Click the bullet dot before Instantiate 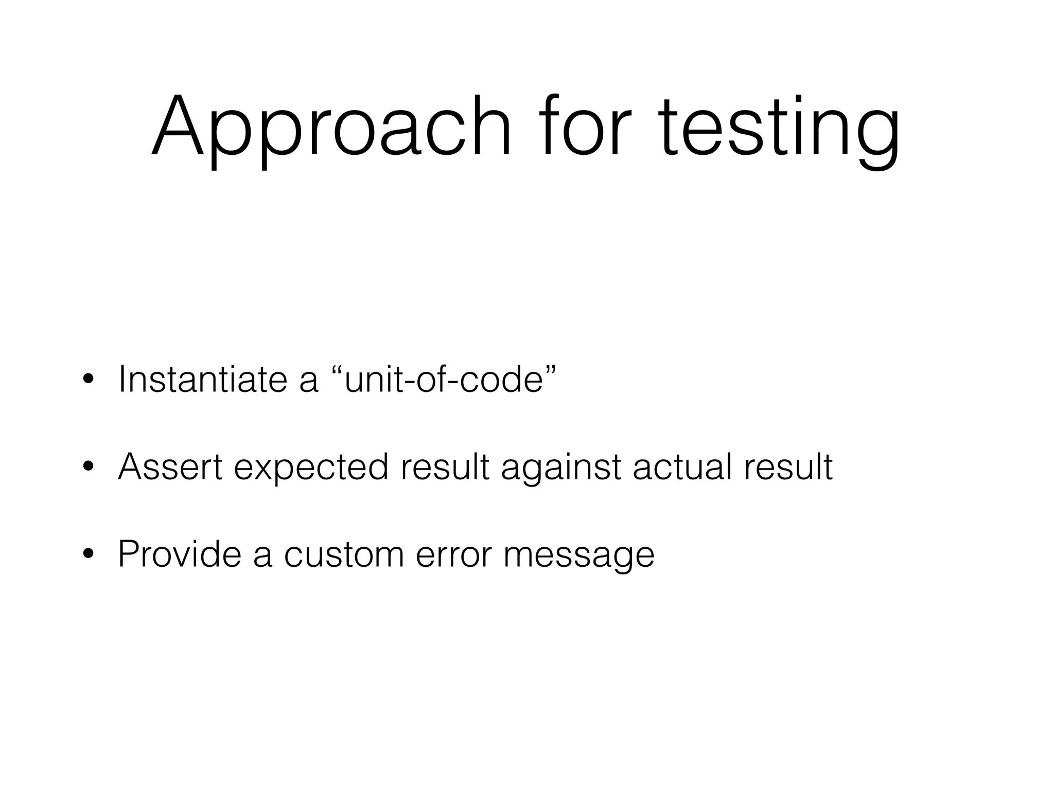88,380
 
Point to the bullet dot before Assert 88,468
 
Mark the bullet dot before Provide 88,554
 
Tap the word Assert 170,466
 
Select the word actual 682,466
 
